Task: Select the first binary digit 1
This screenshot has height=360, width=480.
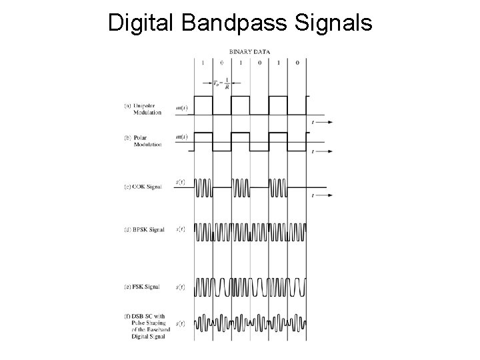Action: (x=203, y=62)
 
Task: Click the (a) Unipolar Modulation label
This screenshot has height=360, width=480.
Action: (x=143, y=109)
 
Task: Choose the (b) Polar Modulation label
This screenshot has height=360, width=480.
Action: (x=143, y=141)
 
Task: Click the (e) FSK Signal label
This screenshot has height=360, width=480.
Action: (x=141, y=287)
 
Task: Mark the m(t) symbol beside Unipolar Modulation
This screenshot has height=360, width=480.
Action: (x=181, y=107)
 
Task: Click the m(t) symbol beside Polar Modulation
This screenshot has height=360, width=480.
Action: (x=181, y=137)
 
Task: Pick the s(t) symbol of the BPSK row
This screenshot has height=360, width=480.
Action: (x=181, y=229)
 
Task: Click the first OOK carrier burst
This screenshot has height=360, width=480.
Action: (x=203, y=188)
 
